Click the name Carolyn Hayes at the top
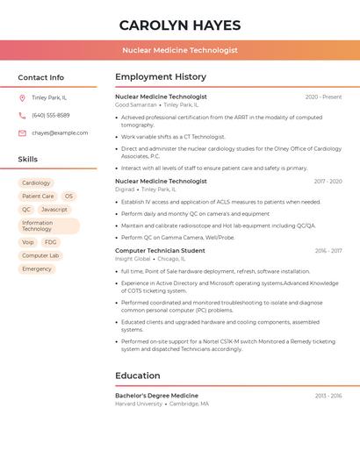click(x=179, y=25)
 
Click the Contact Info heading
click(x=41, y=77)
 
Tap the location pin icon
click(x=22, y=97)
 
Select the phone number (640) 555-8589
click(x=51, y=115)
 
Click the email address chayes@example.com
click(x=60, y=132)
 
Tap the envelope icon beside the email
click(x=22, y=132)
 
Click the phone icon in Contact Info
click(x=22, y=115)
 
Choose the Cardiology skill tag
click(x=36, y=183)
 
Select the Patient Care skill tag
click(x=38, y=197)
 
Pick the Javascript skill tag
click(x=54, y=210)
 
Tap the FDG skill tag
click(x=51, y=242)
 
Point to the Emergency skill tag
click(x=37, y=268)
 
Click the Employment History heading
click(x=161, y=77)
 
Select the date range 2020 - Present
click(x=323, y=97)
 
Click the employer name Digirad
click(x=125, y=189)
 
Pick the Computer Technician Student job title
click(x=160, y=251)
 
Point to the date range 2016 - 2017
click(x=328, y=251)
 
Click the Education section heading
click(x=138, y=376)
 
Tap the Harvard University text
click(x=139, y=404)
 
